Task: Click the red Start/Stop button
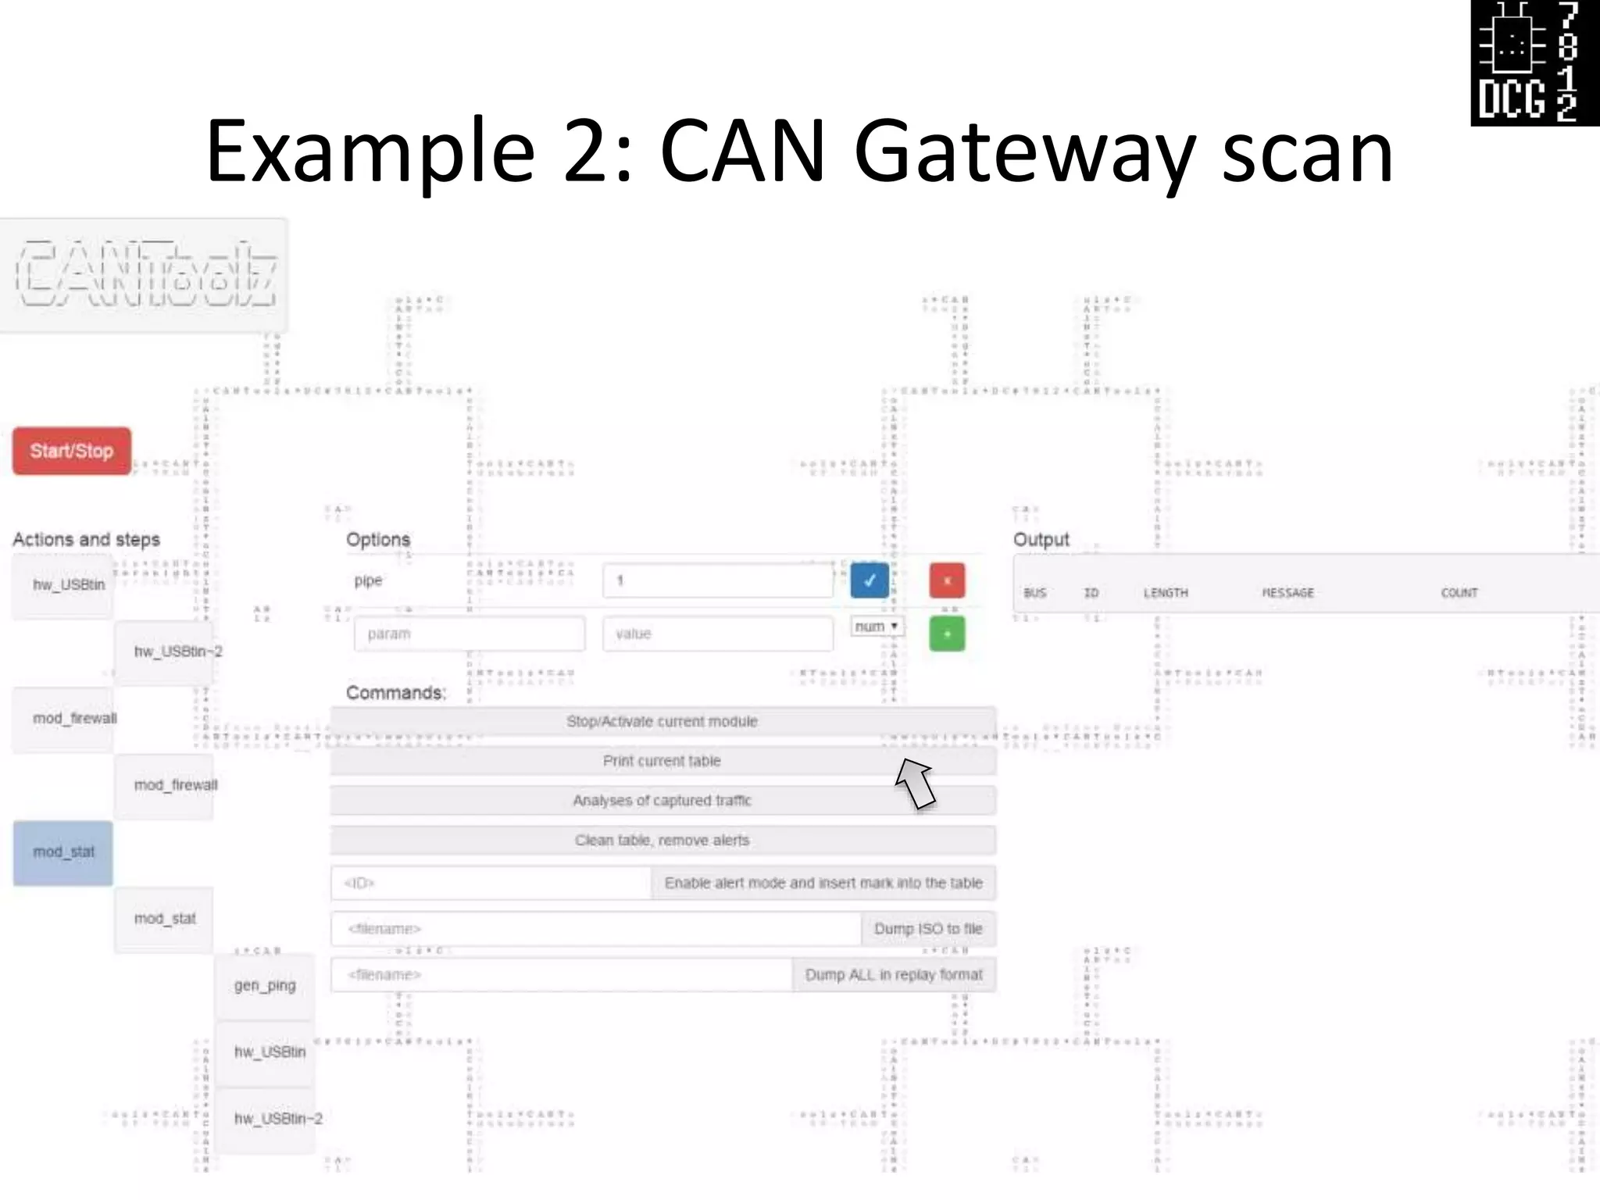[x=72, y=451]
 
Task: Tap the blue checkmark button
[x=869, y=580]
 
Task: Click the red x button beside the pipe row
[x=947, y=580]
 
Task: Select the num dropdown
[x=877, y=627]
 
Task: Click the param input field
[x=469, y=634]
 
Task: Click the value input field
[x=717, y=634]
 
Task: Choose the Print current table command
[x=662, y=761]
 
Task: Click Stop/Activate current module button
[x=662, y=721]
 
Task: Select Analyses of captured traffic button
[x=662, y=801]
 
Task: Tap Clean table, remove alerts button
[x=662, y=841]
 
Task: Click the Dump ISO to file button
[x=928, y=929]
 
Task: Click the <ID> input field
[x=491, y=883]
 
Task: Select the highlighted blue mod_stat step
[x=63, y=852]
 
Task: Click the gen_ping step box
[x=265, y=986]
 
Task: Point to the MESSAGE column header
[x=1287, y=593]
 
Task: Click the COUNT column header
[x=1459, y=593]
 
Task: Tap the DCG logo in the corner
[x=1534, y=62]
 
